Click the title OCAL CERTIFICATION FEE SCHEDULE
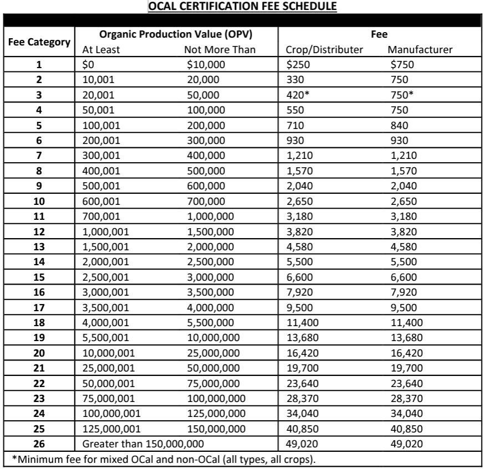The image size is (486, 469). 243,7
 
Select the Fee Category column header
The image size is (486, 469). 38,42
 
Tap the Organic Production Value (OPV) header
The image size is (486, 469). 176,35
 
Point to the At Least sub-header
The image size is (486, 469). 101,50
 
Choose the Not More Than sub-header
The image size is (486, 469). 219,50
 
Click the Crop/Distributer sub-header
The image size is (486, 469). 324,50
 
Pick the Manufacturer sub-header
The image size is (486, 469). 420,50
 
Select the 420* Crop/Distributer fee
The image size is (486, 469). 297,95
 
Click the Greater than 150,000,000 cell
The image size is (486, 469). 143,443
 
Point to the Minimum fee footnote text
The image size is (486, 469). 166,458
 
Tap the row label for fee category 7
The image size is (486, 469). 39,156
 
